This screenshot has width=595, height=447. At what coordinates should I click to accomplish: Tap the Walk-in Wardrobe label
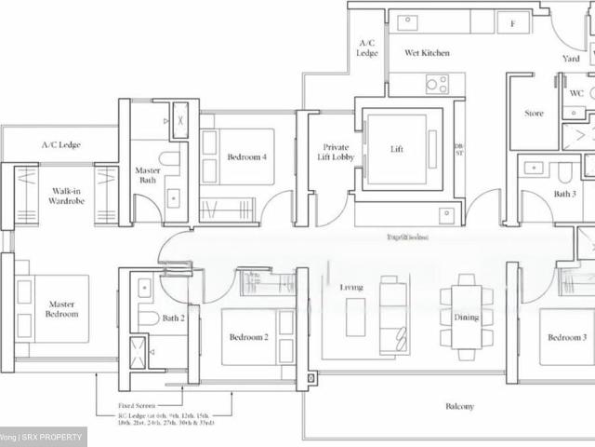tap(70, 196)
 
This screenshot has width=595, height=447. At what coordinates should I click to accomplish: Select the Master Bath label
tap(147, 174)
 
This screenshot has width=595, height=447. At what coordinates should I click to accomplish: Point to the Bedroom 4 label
tap(247, 157)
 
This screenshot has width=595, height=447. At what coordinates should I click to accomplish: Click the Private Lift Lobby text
tap(336, 153)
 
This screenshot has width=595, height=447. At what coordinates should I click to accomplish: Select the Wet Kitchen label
tap(427, 53)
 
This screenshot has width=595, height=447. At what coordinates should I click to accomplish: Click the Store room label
tap(534, 114)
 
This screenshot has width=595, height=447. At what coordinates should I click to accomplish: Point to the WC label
tap(576, 93)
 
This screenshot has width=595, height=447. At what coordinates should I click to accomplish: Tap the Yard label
tap(571, 59)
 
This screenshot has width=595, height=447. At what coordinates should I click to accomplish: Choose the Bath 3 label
tap(565, 194)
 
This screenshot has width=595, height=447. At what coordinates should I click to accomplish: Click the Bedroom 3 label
tap(567, 337)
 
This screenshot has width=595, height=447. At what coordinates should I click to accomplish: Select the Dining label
tap(466, 318)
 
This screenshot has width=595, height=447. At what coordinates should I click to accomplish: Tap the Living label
tap(350, 288)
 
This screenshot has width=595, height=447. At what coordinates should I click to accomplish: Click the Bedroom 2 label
tap(247, 337)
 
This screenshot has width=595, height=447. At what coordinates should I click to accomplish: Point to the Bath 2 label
tap(174, 318)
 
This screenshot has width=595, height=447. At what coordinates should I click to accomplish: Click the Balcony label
tap(459, 406)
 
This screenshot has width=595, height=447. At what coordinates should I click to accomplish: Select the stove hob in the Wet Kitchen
tap(437, 84)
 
